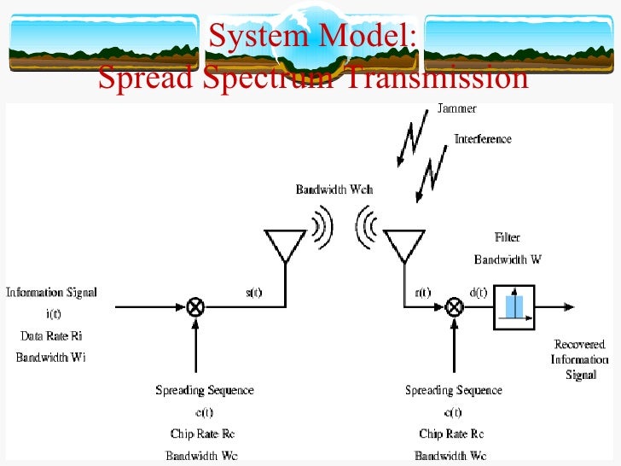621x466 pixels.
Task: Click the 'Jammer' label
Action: click(456, 109)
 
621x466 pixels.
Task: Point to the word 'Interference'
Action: click(482, 138)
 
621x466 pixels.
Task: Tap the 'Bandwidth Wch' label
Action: click(334, 189)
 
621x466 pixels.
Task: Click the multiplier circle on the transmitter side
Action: click(196, 306)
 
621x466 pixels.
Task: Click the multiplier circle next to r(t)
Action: click(455, 306)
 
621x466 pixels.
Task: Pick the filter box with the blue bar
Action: click(514, 306)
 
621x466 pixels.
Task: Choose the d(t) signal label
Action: click(478, 293)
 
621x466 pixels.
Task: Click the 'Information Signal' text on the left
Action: click(51, 292)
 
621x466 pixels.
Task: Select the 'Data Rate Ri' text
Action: click(51, 335)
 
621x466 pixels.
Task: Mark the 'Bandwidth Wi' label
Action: click(51, 358)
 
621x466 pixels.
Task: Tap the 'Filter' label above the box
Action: click(508, 237)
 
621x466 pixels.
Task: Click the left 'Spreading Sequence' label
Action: click(204, 390)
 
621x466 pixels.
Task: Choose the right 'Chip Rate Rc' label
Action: click(452, 434)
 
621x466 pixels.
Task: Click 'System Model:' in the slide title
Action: click(311, 37)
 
